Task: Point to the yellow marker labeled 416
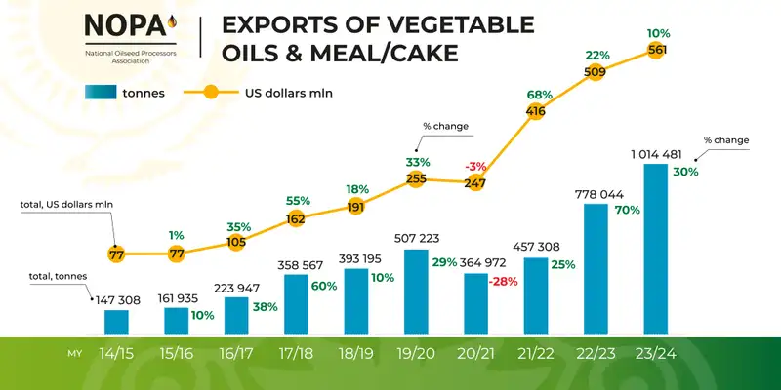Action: [535, 112]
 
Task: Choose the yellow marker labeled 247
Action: [475, 182]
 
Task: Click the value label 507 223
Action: [414, 237]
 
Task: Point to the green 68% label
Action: [540, 95]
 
